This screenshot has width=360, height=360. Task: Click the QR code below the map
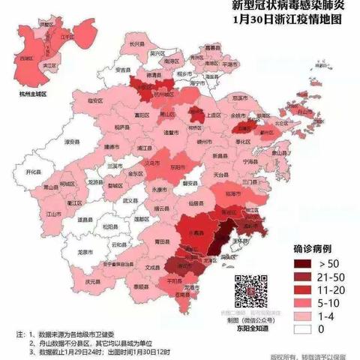[251, 291]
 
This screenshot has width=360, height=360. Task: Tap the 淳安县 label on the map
[51, 139]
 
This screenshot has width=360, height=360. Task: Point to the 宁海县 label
[250, 160]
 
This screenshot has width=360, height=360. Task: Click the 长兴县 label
[136, 44]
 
